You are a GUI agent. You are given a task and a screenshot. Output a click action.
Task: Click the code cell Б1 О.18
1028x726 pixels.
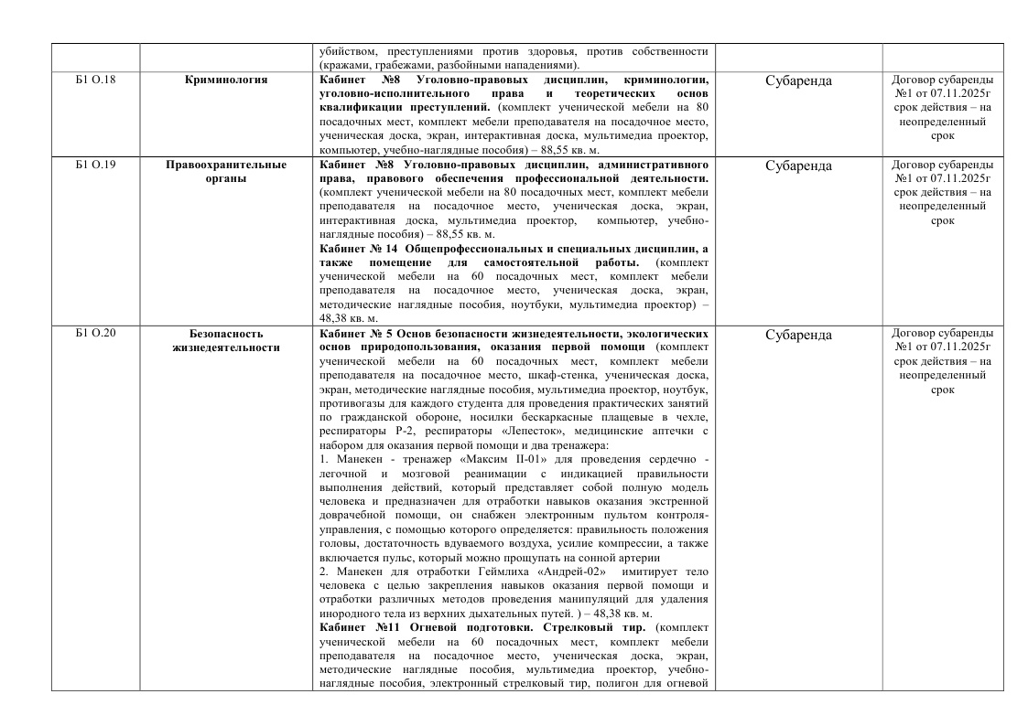click(x=95, y=80)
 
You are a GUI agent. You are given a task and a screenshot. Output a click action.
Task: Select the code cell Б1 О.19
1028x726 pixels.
click(x=95, y=165)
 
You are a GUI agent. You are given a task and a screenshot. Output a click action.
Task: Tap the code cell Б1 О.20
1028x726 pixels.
click(x=95, y=334)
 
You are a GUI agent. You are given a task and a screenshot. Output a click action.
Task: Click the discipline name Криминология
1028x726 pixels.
click(x=226, y=80)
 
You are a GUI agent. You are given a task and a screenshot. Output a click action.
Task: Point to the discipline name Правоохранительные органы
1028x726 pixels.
click(x=226, y=173)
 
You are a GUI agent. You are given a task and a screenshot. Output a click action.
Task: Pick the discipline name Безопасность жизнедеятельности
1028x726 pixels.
click(x=226, y=341)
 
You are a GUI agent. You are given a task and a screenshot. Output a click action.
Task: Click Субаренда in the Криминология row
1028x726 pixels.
click(x=797, y=81)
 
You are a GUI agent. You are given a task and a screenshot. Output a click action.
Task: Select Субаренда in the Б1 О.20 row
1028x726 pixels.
click(x=797, y=336)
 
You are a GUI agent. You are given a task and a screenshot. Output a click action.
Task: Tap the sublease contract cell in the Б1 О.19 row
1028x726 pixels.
click(x=942, y=193)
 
